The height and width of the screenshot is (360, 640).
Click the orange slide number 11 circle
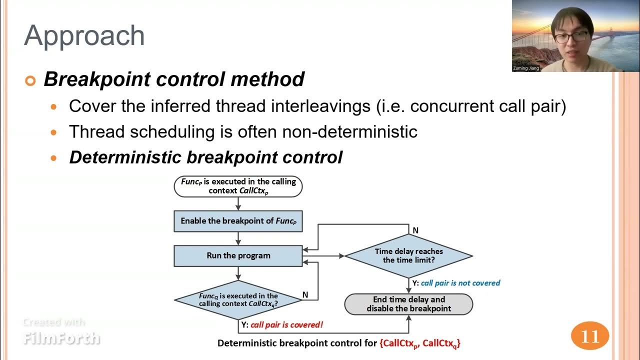pos(590,336)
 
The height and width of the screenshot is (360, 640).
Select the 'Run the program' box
pos(238,255)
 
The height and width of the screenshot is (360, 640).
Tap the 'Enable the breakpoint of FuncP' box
pos(238,221)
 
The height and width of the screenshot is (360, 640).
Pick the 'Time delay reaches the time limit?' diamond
pos(408,255)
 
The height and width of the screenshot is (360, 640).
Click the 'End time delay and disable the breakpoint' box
pos(408,304)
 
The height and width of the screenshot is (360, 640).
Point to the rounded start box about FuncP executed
pos(238,186)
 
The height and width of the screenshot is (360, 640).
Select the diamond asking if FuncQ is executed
pos(238,299)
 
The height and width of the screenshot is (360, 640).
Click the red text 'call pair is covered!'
pos(286,324)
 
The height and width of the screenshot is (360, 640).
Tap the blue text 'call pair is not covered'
pos(460,283)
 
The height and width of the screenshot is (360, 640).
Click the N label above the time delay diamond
pos(415,230)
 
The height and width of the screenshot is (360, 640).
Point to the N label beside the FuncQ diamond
pos(305,295)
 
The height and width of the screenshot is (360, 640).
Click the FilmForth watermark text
pos(61,338)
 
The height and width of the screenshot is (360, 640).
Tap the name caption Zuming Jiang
pos(526,68)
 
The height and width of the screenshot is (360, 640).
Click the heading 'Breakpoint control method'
pos(174,79)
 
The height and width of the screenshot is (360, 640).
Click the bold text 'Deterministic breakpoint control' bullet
pos(205,157)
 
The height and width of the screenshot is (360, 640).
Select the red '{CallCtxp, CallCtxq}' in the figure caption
pos(420,343)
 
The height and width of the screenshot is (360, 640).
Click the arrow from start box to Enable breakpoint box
pos(238,203)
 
